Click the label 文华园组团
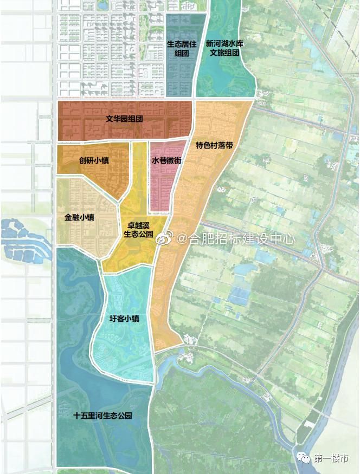pyautogui.click(x=124, y=119)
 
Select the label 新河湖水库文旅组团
pyautogui.click(x=223, y=48)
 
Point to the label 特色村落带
pyautogui.click(x=215, y=146)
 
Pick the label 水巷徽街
pyautogui.click(x=166, y=161)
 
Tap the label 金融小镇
pyautogui.click(x=80, y=218)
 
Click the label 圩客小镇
pyautogui.click(x=124, y=319)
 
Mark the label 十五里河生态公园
pyautogui.click(x=103, y=416)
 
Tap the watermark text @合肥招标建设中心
pyautogui.click(x=235, y=238)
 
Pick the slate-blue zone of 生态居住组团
pyautogui.click(x=179, y=76)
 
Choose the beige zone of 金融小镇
pyautogui.click(x=81, y=238)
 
